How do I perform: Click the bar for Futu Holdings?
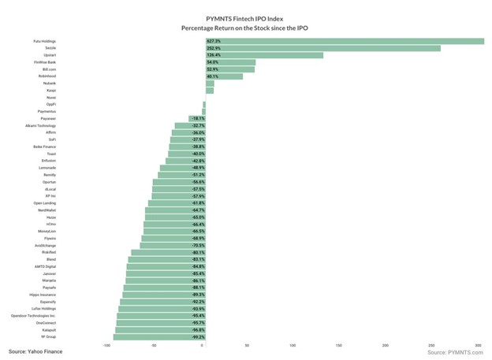click(344, 41)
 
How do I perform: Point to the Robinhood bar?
click(223, 76)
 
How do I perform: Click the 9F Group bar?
click(158, 337)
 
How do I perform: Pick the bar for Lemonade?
click(181, 168)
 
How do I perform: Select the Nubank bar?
click(209, 84)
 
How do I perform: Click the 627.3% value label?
click(213, 41)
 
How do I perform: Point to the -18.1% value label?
click(198, 118)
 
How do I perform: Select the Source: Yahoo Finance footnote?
click(35, 351)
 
